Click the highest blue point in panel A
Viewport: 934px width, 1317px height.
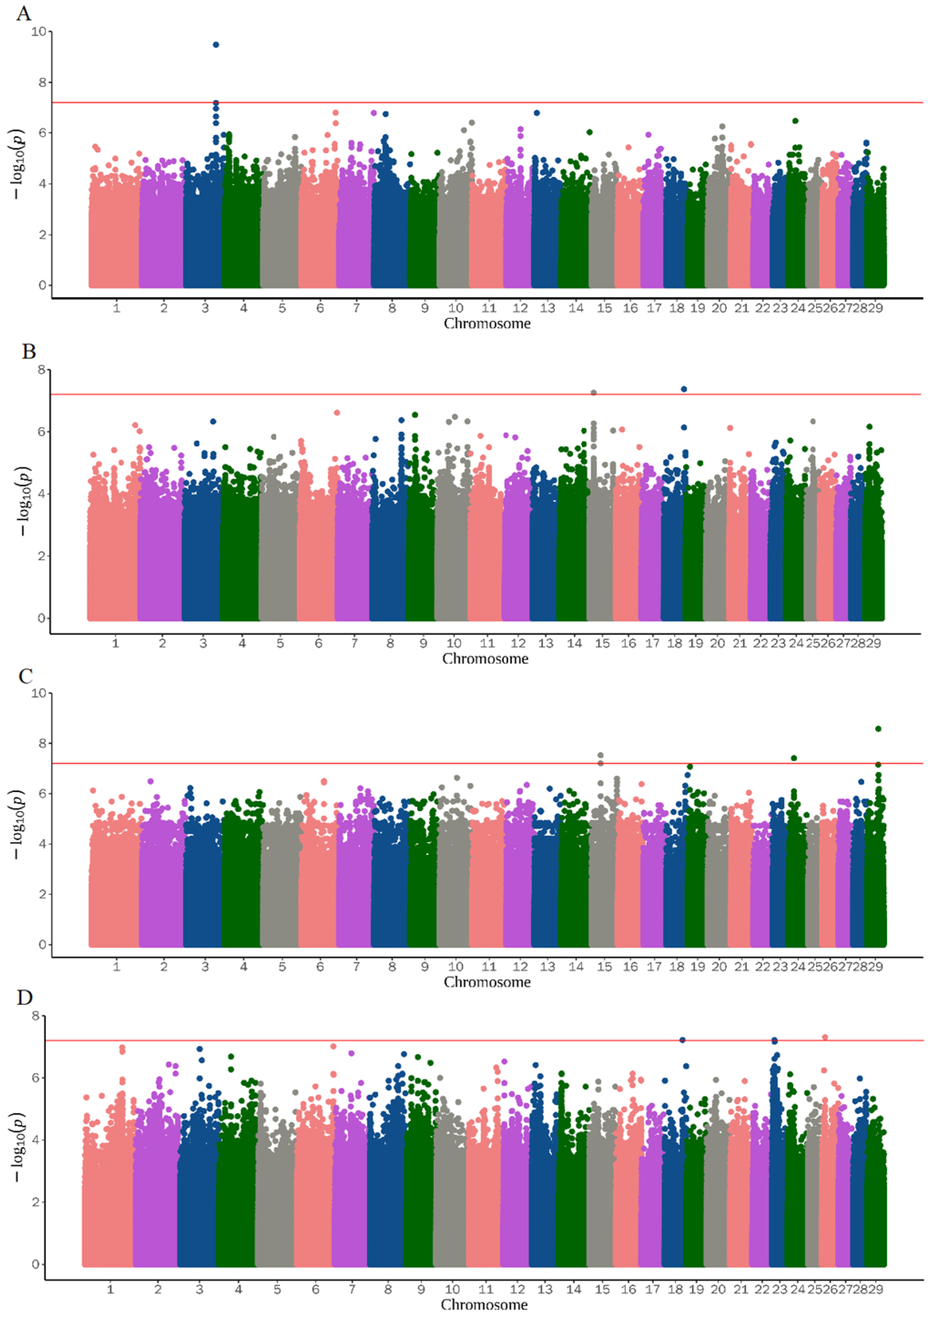216,44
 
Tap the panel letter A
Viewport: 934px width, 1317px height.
24,13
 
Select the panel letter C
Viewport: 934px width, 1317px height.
25,676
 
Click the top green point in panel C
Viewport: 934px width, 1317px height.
878,728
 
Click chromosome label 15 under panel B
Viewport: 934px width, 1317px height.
602,643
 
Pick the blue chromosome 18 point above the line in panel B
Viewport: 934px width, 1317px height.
684,389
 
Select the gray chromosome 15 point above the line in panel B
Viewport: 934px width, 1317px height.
594,393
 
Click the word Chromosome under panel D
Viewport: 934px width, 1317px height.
484,1304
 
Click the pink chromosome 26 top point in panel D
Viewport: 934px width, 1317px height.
825,1037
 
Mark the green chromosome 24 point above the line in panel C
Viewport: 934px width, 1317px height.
794,757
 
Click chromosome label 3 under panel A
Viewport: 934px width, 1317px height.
205,308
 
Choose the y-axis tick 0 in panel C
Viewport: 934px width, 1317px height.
41,944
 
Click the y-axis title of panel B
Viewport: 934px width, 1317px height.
22,495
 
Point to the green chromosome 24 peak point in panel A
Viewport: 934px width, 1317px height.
795,121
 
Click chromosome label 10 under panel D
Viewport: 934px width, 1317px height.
452,1289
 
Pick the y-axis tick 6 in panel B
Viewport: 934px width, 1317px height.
41,432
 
